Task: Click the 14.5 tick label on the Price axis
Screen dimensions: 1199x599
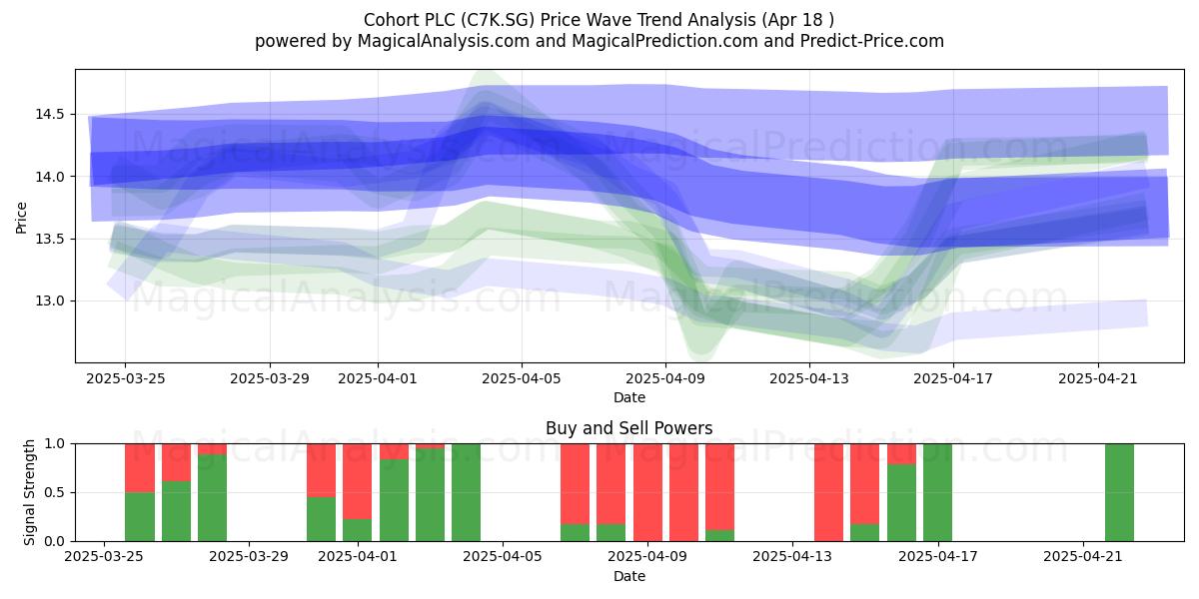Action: click(x=50, y=115)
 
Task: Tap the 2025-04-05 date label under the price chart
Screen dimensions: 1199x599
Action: click(x=522, y=378)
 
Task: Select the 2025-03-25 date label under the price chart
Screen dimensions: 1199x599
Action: click(x=126, y=378)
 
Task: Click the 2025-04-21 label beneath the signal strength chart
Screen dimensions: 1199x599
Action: click(x=1083, y=557)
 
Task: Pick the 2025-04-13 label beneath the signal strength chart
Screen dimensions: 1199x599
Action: click(x=792, y=557)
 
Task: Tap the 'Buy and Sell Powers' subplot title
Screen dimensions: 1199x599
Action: click(x=628, y=428)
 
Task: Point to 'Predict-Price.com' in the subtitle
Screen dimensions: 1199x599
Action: click(x=872, y=41)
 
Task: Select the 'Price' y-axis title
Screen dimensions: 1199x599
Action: click(x=21, y=219)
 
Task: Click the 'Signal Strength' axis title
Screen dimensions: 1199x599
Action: click(x=29, y=492)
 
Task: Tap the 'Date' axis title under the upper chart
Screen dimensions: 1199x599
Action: click(x=629, y=398)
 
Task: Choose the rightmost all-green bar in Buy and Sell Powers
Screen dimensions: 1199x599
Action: click(x=1120, y=492)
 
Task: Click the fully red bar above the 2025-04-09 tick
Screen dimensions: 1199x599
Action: click(x=647, y=492)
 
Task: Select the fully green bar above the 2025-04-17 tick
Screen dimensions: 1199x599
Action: click(x=938, y=492)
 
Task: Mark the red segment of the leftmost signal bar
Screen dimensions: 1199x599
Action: click(x=140, y=468)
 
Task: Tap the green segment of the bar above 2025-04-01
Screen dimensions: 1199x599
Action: click(x=358, y=530)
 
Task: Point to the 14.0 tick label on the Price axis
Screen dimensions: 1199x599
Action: click(x=50, y=177)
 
